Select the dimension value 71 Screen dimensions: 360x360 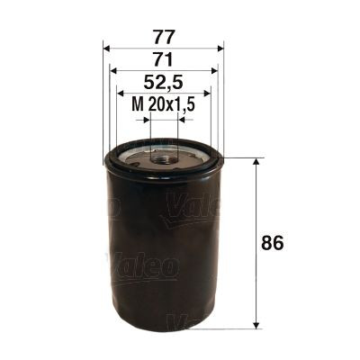click(164, 60)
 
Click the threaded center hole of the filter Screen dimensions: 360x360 click(164, 158)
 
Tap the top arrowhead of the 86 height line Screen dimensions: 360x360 click(259, 163)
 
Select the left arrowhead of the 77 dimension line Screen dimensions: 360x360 click(108, 49)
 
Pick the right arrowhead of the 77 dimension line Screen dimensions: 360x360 click(220, 49)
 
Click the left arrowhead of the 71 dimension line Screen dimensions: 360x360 click(113, 71)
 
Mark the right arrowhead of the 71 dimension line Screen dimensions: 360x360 click(214, 71)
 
